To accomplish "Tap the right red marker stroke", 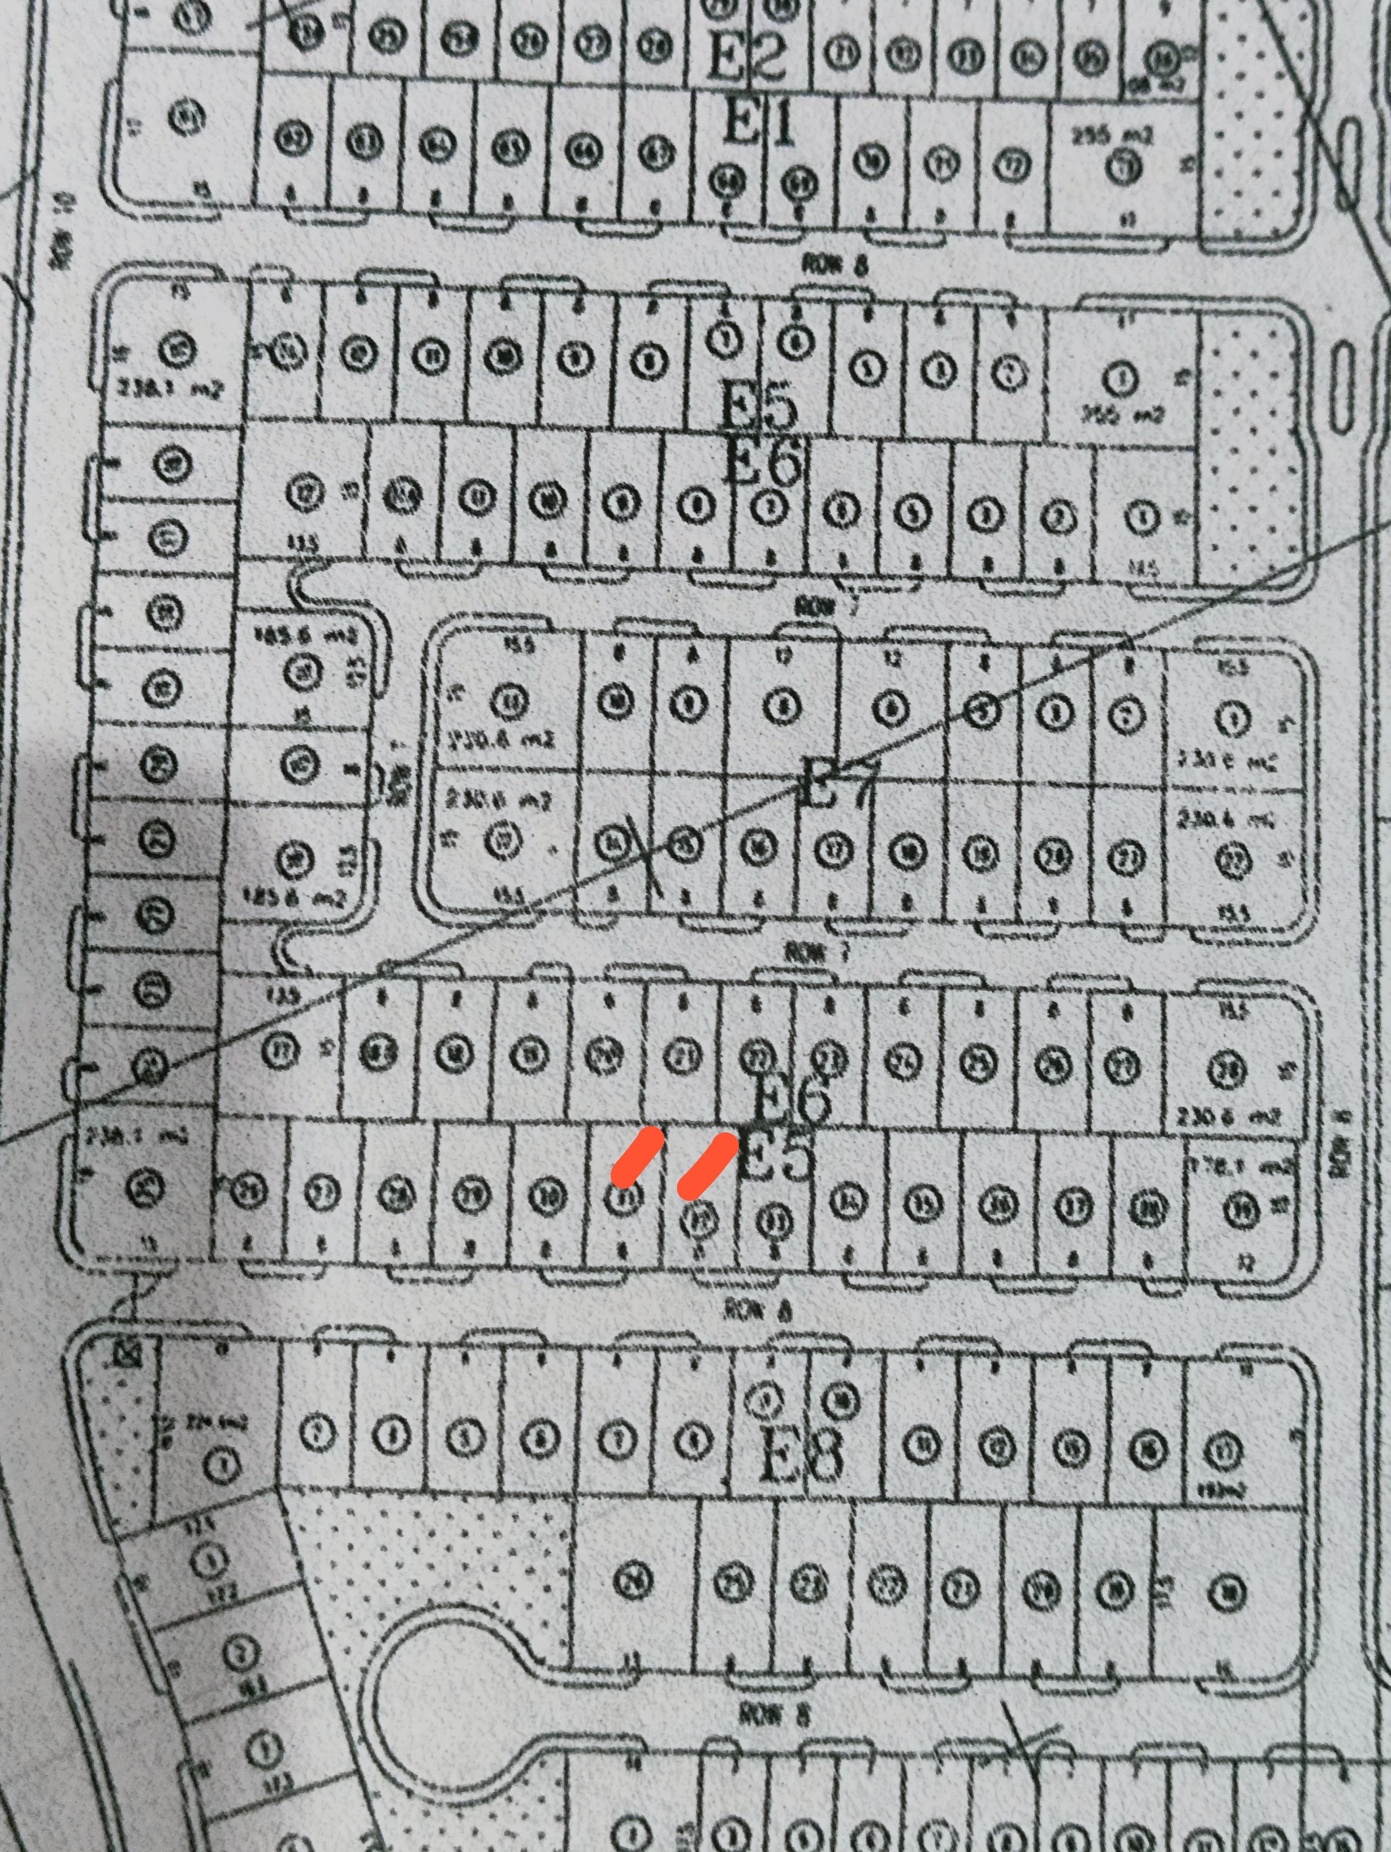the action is click(x=708, y=1165).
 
